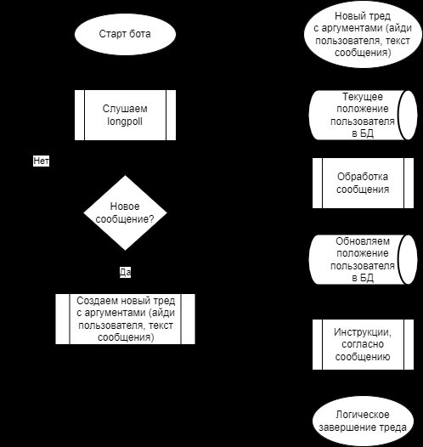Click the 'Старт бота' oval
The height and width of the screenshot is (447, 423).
[125, 34]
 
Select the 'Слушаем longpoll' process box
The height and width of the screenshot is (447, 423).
[125, 115]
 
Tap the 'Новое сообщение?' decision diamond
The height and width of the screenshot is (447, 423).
[125, 212]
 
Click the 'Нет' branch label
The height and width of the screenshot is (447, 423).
[41, 161]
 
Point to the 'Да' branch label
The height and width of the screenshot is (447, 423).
[125, 272]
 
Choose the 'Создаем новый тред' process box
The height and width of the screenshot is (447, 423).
[125, 319]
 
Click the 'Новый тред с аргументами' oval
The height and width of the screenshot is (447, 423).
[363, 34]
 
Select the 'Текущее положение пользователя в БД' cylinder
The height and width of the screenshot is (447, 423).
[363, 115]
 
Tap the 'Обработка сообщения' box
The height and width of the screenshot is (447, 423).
[363, 183]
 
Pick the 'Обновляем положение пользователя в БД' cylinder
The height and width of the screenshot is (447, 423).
[363, 259]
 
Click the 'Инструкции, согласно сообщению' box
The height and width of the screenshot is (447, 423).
[363, 344]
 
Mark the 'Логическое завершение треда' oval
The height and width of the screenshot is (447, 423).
[363, 421]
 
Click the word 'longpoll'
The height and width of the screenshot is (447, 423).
[125, 122]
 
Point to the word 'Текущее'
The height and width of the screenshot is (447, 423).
[363, 97]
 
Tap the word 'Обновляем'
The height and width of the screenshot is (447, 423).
[363, 241]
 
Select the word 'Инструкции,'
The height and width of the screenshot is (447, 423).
[363, 332]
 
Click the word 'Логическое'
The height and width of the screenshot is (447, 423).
[363, 415]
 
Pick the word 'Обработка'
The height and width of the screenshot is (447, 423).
[363, 177]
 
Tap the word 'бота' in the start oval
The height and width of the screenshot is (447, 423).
[139, 34]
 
